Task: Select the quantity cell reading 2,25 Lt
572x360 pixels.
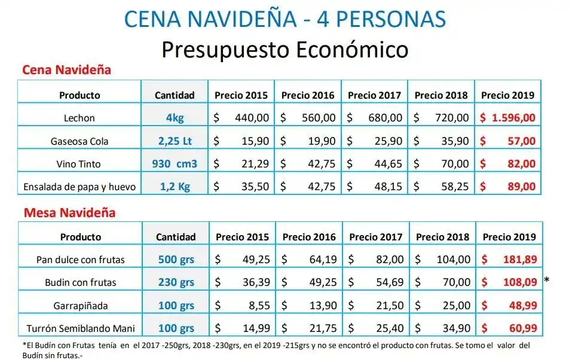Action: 175,141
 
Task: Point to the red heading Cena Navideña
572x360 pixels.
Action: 66,70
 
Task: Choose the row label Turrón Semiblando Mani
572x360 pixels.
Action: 81,328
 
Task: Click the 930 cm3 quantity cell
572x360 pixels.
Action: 175,164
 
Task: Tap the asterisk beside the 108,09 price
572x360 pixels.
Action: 547,280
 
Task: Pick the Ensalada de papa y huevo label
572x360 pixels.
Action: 79,187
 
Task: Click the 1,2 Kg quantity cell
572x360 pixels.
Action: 175,187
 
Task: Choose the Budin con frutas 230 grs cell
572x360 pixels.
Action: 176,282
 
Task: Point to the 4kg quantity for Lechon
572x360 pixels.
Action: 175,118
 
